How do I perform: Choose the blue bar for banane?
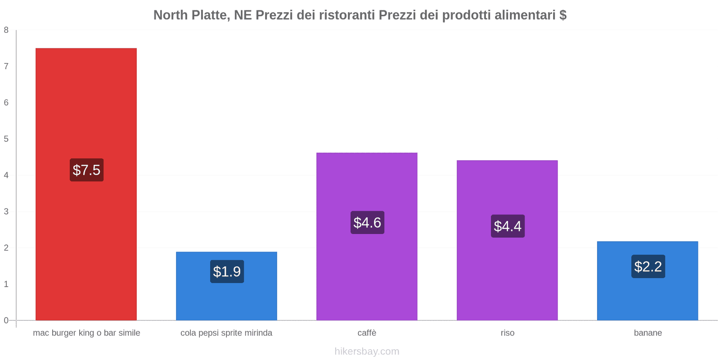pyautogui.click(x=648, y=297)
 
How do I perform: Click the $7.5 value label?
pyautogui.click(x=86, y=170)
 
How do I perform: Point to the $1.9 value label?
pyautogui.click(x=227, y=271)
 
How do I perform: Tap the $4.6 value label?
pyautogui.click(x=367, y=222)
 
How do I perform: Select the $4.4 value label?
pyautogui.click(x=508, y=226)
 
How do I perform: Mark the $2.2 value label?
pyautogui.click(x=648, y=266)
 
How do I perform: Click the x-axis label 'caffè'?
pyautogui.click(x=367, y=333)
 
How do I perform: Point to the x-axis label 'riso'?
pyautogui.click(x=507, y=333)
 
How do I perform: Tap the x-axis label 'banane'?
pyautogui.click(x=648, y=333)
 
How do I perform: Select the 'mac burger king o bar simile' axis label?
pyautogui.click(x=86, y=333)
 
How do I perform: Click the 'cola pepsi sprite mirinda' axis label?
pyautogui.click(x=226, y=333)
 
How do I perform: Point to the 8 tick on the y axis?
pyautogui.click(x=6, y=30)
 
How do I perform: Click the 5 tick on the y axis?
pyautogui.click(x=6, y=139)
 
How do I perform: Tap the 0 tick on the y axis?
pyautogui.click(x=6, y=320)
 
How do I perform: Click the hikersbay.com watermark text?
pyautogui.click(x=367, y=351)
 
